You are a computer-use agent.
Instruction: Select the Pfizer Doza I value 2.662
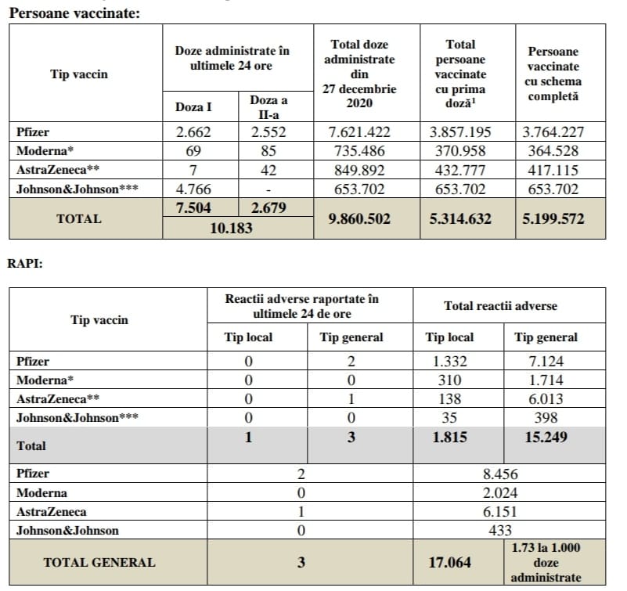click(x=193, y=132)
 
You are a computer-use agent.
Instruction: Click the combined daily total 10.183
click(x=236, y=228)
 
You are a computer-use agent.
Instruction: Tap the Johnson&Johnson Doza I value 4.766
click(x=193, y=189)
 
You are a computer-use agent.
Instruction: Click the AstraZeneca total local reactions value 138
click(x=449, y=399)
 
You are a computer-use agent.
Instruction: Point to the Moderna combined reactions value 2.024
click(x=501, y=493)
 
